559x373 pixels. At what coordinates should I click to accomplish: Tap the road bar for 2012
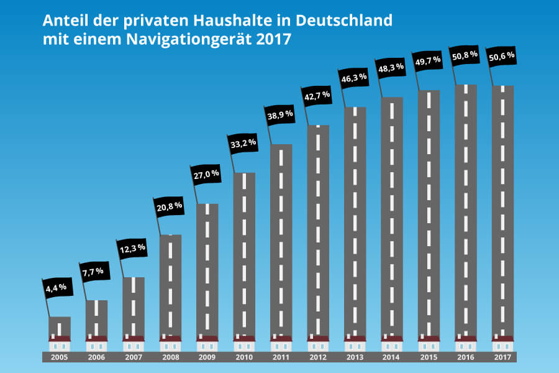(318, 230)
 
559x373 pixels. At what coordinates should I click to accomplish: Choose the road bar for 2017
(502, 211)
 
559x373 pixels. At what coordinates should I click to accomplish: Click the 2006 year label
(96, 357)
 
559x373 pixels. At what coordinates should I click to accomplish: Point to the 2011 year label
(281, 357)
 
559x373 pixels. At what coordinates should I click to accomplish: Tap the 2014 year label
(391, 357)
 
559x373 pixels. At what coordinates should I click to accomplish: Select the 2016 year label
(465, 357)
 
